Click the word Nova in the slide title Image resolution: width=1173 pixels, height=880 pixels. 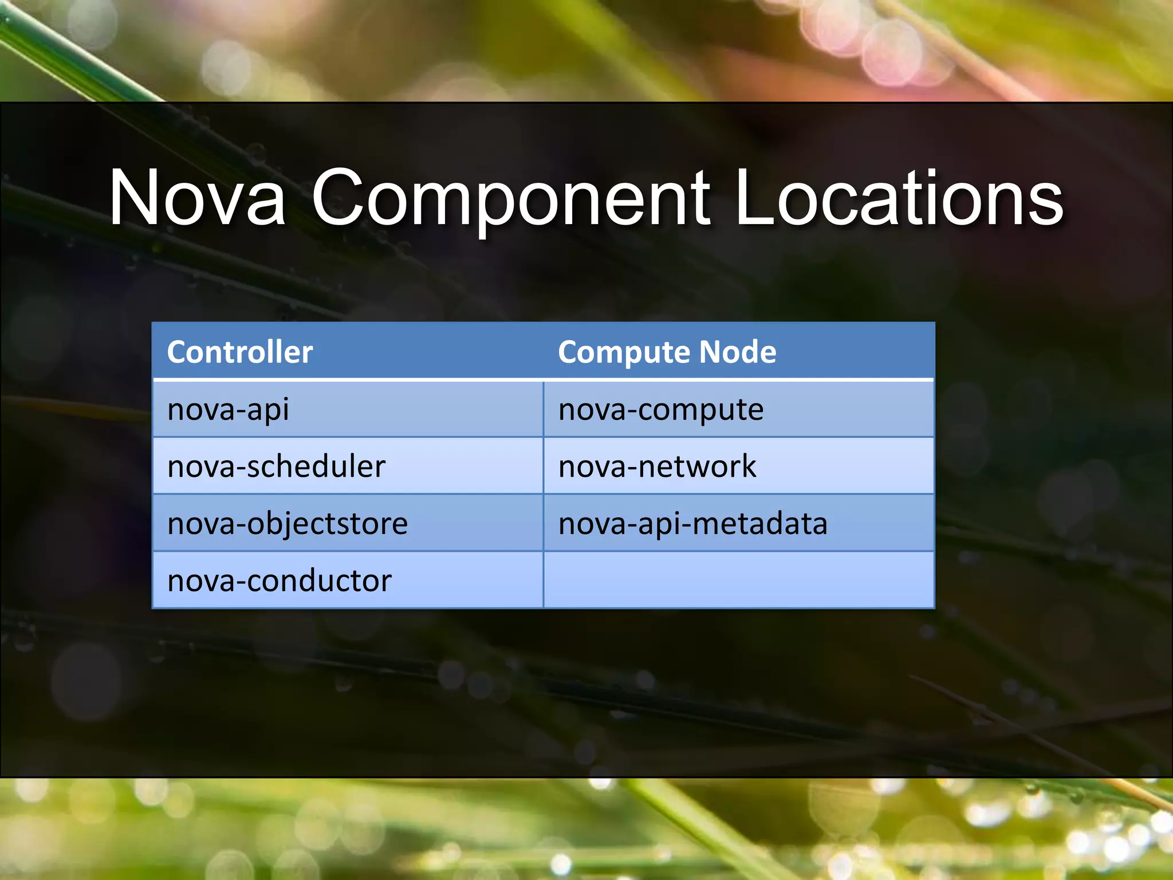198,198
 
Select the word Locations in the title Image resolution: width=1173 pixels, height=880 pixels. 899,198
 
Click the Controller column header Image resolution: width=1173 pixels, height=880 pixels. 240,352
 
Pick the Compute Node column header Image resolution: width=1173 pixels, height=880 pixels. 667,352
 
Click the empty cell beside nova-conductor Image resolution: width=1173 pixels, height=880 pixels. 739,580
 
